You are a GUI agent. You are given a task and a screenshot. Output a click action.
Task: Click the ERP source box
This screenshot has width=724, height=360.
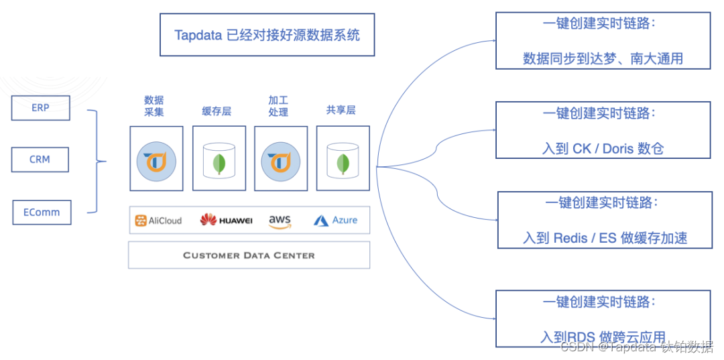pyautogui.click(x=40, y=107)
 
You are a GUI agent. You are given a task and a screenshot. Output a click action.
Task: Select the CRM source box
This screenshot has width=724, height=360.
pyautogui.click(x=40, y=160)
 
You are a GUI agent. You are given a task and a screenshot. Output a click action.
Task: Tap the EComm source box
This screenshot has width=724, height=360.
pyautogui.click(x=42, y=212)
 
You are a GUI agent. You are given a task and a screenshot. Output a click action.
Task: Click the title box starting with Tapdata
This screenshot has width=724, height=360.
pyautogui.click(x=267, y=35)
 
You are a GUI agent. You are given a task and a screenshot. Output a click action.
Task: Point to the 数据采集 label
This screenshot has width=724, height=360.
pyautogui.click(x=154, y=106)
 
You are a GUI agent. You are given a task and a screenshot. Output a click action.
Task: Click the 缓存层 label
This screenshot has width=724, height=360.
pyautogui.click(x=217, y=111)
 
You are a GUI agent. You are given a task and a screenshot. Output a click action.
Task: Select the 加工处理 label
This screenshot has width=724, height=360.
pyautogui.click(x=278, y=106)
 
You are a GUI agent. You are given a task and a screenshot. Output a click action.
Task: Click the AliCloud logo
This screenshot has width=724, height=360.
pyautogui.click(x=158, y=221)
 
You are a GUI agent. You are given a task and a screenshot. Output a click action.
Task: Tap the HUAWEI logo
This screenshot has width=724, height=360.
pyautogui.click(x=226, y=220)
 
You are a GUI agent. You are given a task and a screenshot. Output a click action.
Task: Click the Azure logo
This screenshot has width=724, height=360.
pyautogui.click(x=335, y=220)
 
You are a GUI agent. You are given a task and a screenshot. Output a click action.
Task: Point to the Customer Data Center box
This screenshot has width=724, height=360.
pyautogui.click(x=249, y=255)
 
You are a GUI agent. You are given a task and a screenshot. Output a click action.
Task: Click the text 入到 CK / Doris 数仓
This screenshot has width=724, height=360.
pyautogui.click(x=603, y=148)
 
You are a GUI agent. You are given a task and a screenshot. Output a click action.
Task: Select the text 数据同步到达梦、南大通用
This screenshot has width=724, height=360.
pyautogui.click(x=603, y=58)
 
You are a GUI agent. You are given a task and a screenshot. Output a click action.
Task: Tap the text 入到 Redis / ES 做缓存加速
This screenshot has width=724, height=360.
pyautogui.click(x=605, y=237)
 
